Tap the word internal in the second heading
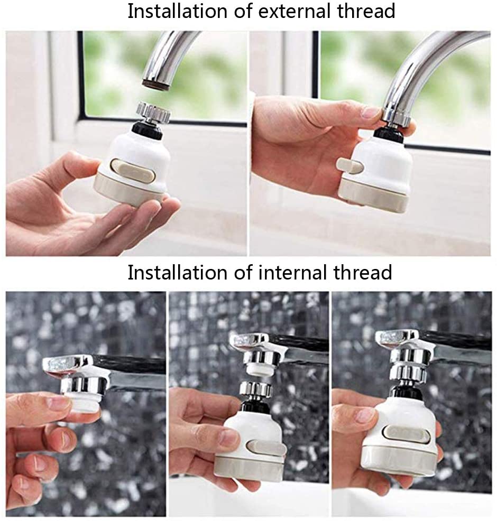click(295, 273)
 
